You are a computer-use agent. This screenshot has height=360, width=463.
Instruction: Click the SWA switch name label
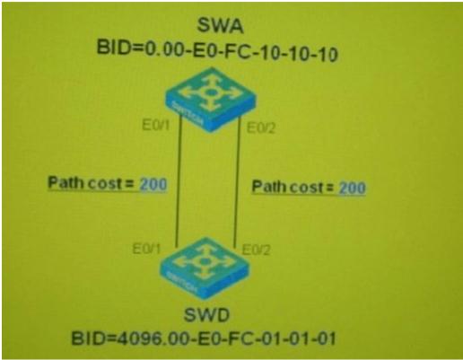pos(220,26)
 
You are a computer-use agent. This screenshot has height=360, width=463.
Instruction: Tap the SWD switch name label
pos(206,315)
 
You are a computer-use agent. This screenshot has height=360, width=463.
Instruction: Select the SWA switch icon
pos(211,100)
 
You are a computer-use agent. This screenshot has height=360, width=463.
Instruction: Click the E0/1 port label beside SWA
pos(155,125)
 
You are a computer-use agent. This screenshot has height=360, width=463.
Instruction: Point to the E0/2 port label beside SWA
pos(260,128)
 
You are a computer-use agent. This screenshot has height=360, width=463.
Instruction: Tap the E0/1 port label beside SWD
pos(146,249)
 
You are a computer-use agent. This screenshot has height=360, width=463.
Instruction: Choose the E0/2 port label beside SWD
pos(256,250)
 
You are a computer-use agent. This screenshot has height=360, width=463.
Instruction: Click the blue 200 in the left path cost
pos(153,184)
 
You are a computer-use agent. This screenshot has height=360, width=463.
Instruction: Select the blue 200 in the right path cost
pos(352,188)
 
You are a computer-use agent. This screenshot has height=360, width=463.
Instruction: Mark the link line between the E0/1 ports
pos(179,181)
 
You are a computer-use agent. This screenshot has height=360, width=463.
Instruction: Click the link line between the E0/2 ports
pos(238,181)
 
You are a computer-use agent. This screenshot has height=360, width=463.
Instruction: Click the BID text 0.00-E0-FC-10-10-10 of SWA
pos(241,54)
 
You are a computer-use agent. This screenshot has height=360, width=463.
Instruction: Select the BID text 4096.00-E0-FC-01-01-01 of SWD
pos(226,339)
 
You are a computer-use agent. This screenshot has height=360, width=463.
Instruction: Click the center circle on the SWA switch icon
pos(212,92)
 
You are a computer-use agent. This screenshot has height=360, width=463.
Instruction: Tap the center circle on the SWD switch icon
pos(205,261)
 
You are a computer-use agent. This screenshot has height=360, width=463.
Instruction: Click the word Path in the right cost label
pos(270,186)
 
